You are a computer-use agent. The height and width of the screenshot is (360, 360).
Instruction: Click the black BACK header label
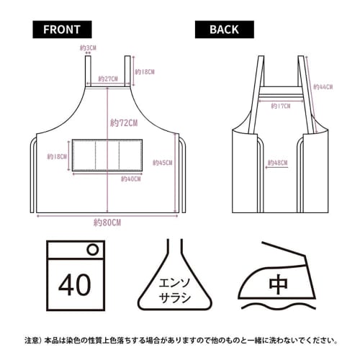coord(224,30)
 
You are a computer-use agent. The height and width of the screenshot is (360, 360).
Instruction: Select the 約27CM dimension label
coord(107,78)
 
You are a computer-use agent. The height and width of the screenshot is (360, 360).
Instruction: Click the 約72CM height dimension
coord(124,123)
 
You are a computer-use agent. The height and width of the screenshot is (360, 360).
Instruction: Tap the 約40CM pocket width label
coord(131,178)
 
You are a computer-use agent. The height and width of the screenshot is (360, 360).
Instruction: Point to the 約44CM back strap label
coord(323,86)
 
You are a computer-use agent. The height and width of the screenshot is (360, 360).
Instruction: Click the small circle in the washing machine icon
coord(92,250)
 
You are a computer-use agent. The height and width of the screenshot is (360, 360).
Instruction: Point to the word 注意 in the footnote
coord(32,338)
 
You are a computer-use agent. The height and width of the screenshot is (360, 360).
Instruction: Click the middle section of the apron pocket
coord(108,156)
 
